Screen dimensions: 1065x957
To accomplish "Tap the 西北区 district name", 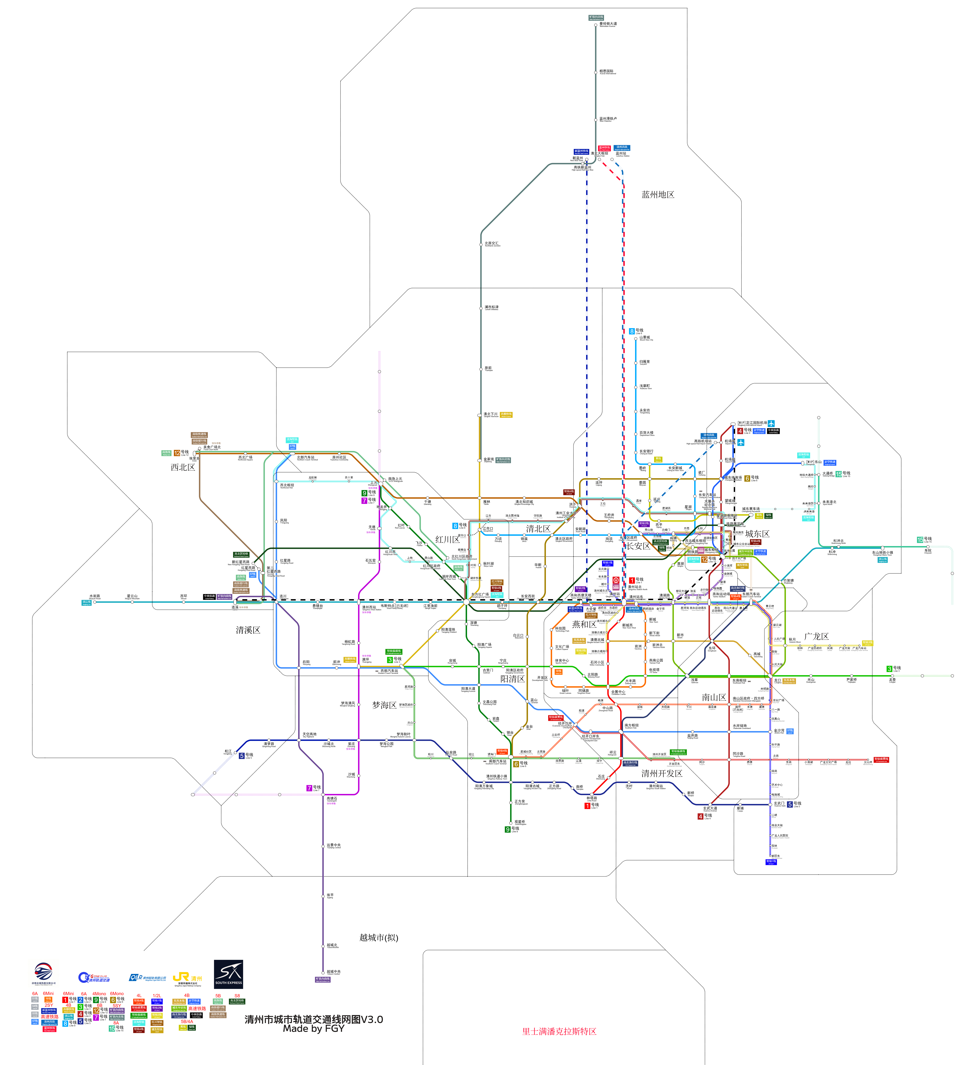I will [182, 467].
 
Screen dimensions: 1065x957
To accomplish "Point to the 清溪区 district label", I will [248, 630].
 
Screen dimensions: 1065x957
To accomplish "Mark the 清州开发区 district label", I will [661, 773].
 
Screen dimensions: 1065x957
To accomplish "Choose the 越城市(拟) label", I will [379, 937].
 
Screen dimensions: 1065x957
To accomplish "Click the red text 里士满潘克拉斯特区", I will [559, 1031].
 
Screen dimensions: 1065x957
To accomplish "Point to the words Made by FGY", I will [313, 1028].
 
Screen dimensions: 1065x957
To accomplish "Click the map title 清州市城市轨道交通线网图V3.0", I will [313, 1019].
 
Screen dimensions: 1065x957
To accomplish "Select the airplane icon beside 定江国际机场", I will [771, 423].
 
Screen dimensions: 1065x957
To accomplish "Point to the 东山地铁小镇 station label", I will [882, 553].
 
